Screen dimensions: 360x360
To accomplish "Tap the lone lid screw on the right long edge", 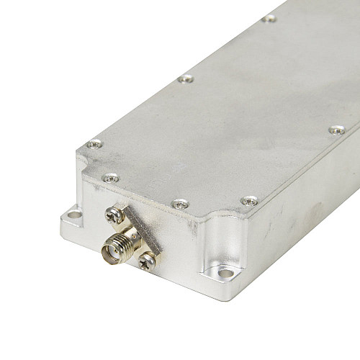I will tap(336, 130).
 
